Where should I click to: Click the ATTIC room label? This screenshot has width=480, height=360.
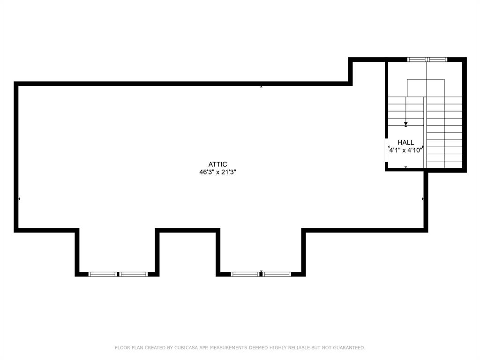218,164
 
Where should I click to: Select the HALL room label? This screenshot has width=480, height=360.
405,142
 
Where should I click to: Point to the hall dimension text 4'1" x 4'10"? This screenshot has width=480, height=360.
405,150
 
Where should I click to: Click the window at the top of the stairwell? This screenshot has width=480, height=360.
427,60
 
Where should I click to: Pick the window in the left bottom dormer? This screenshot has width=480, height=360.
118,274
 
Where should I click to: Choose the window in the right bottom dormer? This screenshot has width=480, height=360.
261,274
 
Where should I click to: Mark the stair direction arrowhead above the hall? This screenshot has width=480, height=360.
406,124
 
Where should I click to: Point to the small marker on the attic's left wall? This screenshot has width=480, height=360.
19,199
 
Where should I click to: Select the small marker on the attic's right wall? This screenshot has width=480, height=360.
423,199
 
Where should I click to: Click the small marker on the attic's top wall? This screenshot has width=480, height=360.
261,86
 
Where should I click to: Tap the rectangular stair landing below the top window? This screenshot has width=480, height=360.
426,88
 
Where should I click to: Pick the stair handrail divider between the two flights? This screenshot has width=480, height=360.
425,131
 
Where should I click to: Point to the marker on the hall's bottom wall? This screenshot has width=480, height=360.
406,167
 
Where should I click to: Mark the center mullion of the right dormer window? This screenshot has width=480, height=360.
261,274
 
